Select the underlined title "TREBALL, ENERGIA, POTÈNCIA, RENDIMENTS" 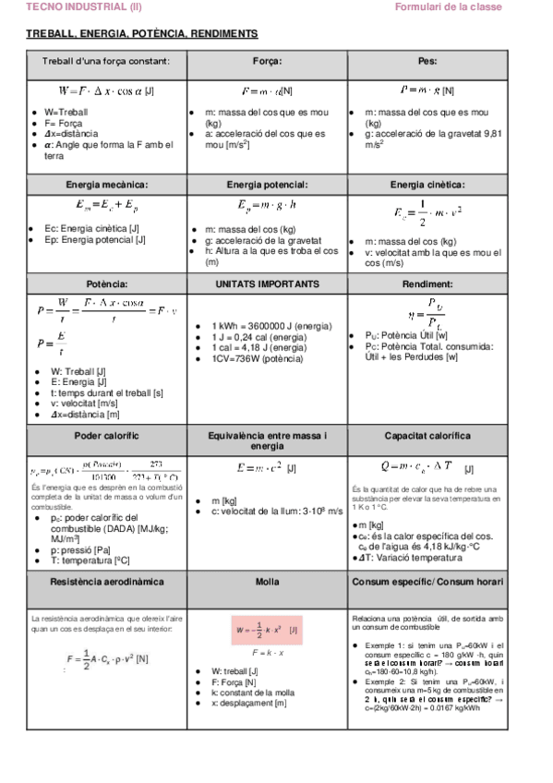[142, 33]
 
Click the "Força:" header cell [268, 61]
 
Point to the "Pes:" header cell [427, 61]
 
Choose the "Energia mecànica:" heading [105, 185]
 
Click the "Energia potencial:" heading [268, 185]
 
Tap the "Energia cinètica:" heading [427, 185]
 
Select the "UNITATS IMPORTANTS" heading [268, 283]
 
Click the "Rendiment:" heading [427, 283]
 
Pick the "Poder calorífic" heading [106, 435]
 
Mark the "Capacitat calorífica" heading [427, 435]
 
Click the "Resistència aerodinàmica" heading [106, 582]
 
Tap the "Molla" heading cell [268, 582]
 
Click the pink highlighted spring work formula [267, 631]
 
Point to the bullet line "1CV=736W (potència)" [258, 358]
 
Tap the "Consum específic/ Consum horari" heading [427, 582]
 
